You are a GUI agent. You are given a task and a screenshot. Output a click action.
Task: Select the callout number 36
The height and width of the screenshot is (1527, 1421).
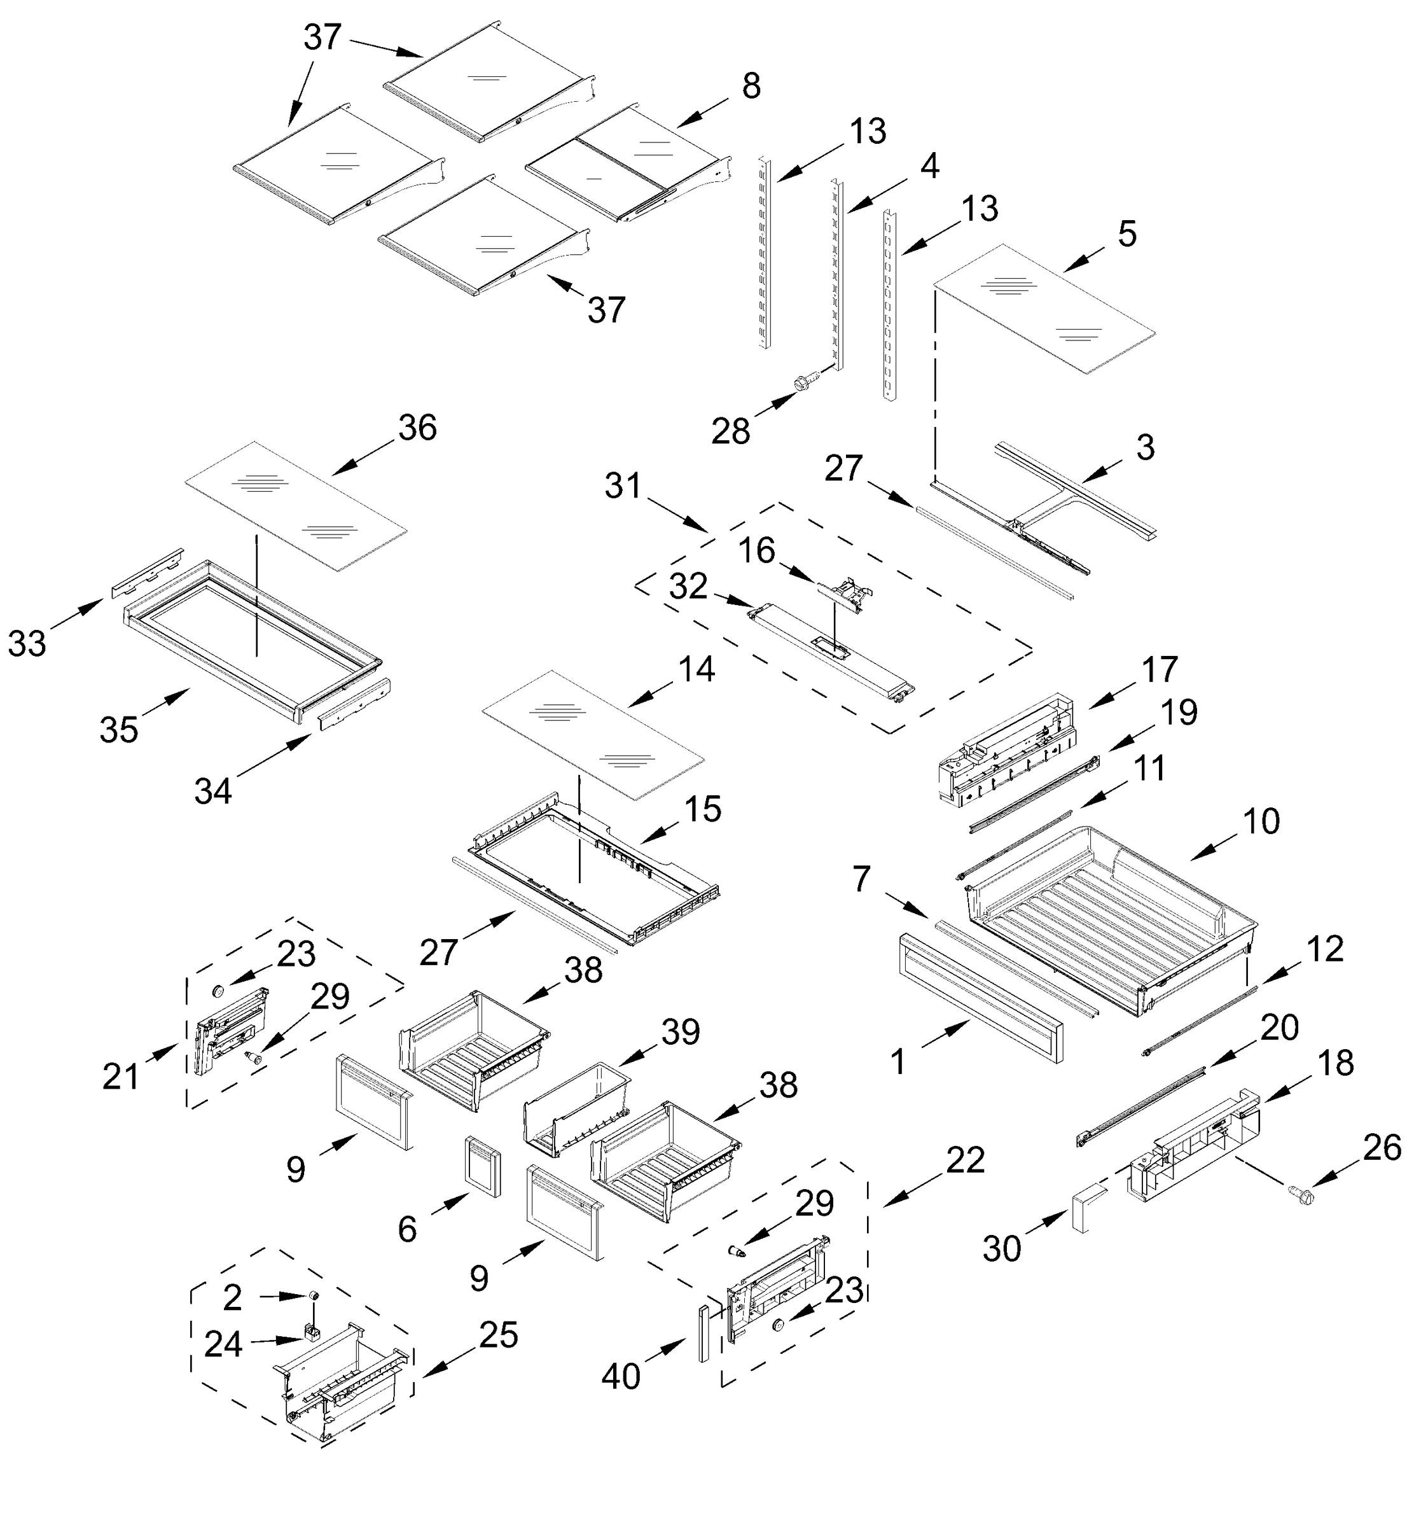click(x=417, y=428)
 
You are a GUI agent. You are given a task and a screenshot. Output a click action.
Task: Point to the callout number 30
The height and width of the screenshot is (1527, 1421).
click(x=1002, y=1250)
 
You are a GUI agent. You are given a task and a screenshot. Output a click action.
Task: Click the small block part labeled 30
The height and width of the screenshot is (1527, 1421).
click(x=1088, y=1208)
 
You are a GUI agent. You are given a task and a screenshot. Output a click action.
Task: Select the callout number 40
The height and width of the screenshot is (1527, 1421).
click(x=621, y=1376)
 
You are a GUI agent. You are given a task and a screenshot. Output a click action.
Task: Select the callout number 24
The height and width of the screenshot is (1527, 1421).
click(x=223, y=1344)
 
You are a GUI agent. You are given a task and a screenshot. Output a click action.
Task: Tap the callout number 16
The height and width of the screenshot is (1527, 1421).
click(x=756, y=551)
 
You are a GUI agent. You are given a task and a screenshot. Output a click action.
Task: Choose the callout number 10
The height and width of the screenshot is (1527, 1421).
click(x=1261, y=821)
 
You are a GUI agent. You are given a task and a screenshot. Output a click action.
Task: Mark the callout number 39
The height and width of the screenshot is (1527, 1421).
click(x=680, y=1031)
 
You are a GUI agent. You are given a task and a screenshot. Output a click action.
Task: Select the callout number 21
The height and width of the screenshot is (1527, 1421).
click(x=121, y=1076)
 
